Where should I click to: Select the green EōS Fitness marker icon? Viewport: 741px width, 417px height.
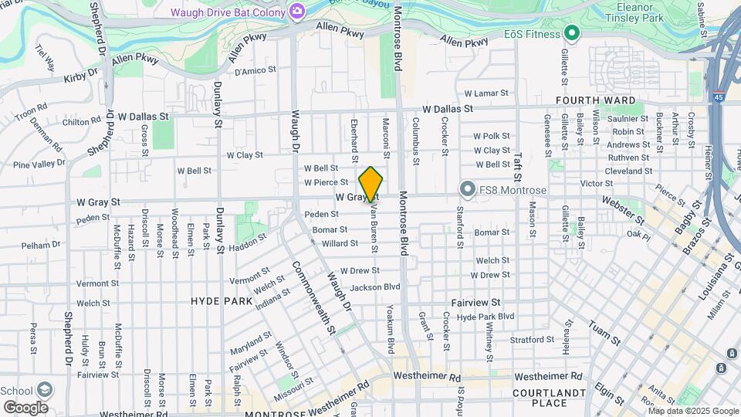pos(571,33)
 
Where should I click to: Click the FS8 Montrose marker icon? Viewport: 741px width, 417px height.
pos(467,189)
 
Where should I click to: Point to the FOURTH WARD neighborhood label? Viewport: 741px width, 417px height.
pos(596,100)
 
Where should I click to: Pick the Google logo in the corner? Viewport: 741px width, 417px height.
pos(25,407)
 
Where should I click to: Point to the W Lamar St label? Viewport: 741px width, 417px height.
pos(487,93)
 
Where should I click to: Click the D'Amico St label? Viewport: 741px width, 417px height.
pos(255,71)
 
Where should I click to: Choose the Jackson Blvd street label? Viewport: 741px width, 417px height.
pos(375,287)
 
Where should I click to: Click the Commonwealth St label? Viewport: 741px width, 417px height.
pos(314,297)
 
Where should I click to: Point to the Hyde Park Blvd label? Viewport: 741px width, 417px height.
pos(486,317)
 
